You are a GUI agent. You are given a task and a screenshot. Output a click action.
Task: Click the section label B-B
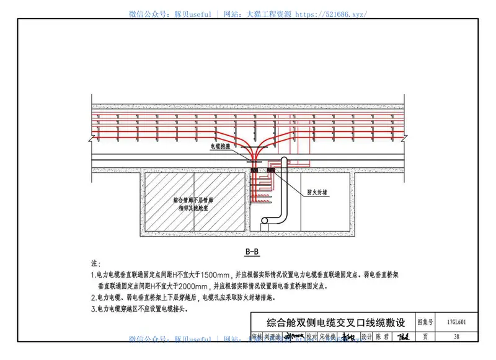pos(252,252)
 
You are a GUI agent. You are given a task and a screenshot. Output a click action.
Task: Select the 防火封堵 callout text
pos(317,193)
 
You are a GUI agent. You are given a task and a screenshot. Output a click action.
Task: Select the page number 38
pos(456,337)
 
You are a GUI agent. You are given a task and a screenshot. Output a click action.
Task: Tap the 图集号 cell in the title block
pos(425,322)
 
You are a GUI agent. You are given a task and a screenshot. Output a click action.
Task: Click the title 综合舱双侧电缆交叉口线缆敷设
pos(335,322)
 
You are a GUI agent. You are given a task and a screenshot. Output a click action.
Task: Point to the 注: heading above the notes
pos(96,264)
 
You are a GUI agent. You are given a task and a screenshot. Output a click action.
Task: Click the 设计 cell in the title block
pos(366,337)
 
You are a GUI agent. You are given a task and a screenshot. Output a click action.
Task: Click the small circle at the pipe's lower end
pos(265,220)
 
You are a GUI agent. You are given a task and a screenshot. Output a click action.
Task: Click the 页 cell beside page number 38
pos(425,337)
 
